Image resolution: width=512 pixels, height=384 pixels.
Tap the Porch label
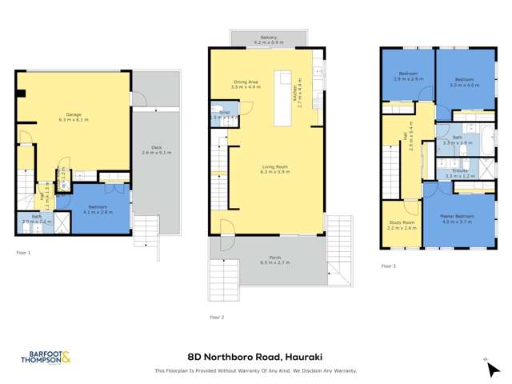pyautogui.click(x=269, y=258)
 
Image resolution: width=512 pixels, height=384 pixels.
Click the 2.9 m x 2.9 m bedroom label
pyautogui.click(x=407, y=80)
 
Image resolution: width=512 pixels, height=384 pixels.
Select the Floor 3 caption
pyautogui.click(x=388, y=266)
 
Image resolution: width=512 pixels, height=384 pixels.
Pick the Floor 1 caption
pyautogui.click(x=23, y=254)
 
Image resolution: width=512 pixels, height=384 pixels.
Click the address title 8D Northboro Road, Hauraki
pyautogui.click(x=255, y=358)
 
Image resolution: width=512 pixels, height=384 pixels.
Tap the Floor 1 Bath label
pyautogui.click(x=37, y=218)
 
